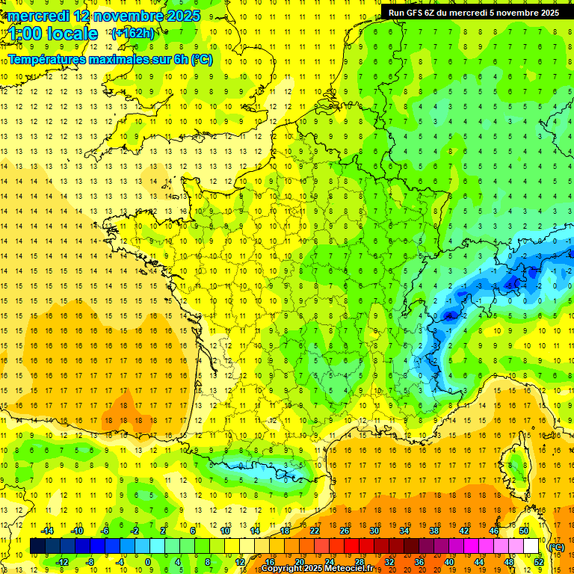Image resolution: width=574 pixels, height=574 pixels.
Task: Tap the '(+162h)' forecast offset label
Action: (133, 33)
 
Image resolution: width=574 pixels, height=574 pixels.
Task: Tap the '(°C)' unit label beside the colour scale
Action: (557, 547)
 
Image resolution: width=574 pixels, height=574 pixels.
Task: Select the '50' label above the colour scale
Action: (524, 531)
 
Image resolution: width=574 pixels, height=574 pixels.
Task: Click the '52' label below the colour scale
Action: (539, 562)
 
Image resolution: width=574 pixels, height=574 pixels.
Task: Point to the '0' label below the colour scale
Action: (147, 562)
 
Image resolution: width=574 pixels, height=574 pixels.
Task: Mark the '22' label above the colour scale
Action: (315, 531)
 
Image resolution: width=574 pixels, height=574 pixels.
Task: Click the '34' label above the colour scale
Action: (404, 531)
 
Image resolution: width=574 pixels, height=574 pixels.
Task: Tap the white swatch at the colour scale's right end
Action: (531, 546)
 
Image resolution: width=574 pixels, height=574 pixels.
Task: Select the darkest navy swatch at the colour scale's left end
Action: (37, 546)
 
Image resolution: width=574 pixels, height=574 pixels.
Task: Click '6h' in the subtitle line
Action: (181, 59)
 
